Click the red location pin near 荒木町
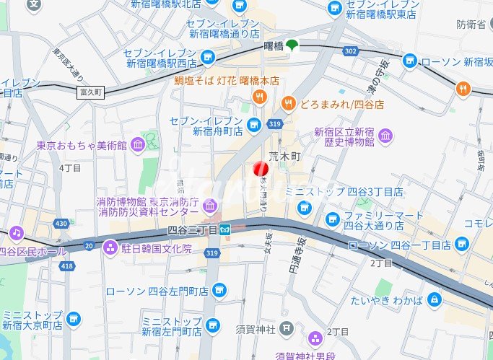pos(261,169)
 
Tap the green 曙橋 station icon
pos(292,45)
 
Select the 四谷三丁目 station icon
pos(225,229)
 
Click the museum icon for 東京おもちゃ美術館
pos(137,146)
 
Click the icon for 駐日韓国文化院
pos(110,248)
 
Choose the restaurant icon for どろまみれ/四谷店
pos(289,104)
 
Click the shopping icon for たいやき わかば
pos(434,299)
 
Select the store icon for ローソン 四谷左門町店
pos(219,291)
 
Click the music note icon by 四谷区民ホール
pos(16,234)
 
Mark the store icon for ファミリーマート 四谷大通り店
pos(332,218)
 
